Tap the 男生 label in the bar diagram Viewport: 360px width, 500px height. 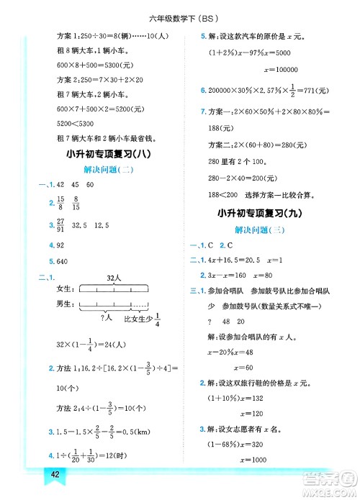(66, 304)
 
